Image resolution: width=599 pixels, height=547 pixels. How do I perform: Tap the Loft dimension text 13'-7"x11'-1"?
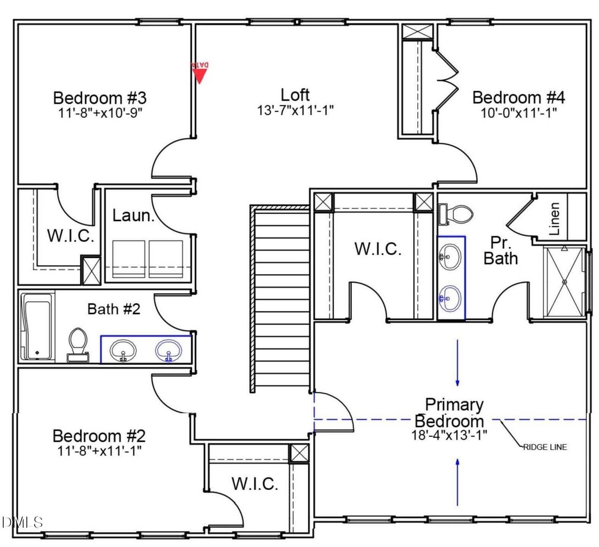click(x=295, y=110)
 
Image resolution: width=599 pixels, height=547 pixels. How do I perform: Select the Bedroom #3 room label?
click(x=100, y=98)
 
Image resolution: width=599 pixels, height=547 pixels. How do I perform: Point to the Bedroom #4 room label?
click(x=519, y=97)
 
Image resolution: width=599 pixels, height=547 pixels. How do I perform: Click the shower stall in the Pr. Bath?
click(x=564, y=282)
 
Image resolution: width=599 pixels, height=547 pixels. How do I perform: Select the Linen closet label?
click(x=555, y=219)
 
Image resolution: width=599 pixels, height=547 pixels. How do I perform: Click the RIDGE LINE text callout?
click(x=545, y=447)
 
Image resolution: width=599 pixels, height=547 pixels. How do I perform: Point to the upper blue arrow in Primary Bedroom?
click(x=457, y=363)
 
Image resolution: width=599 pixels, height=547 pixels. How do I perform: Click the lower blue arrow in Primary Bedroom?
click(x=457, y=482)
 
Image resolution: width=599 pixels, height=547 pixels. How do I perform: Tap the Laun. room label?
click(x=133, y=216)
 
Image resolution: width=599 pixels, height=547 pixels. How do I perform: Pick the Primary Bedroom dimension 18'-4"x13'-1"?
click(x=449, y=435)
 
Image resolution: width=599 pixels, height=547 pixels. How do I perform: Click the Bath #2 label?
click(x=114, y=309)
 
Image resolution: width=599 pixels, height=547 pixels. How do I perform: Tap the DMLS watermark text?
click(x=22, y=522)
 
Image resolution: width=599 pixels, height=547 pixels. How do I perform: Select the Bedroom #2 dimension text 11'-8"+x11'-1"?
click(x=99, y=451)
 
